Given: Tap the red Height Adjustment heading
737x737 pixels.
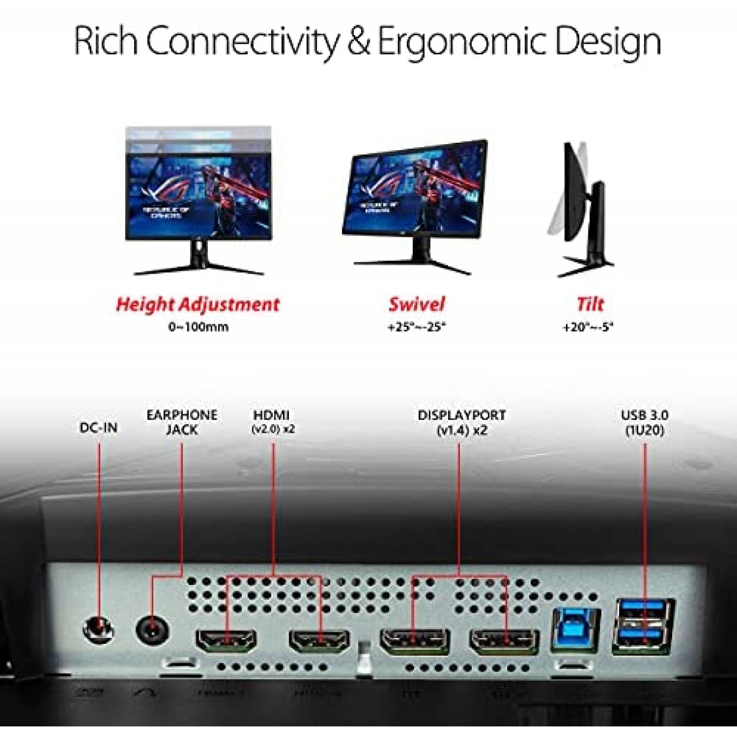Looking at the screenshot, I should click(198, 304).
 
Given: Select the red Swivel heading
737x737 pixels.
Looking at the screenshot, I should click(417, 304).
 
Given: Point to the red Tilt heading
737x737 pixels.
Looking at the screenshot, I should click(590, 304).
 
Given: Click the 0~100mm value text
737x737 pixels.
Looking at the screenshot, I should click(198, 328).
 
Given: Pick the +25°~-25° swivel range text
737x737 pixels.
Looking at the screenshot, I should click(417, 328).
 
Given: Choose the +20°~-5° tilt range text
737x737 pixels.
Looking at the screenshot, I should click(589, 328).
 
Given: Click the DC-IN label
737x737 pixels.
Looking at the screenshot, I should click(98, 427).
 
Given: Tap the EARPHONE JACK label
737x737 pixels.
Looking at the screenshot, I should click(182, 422).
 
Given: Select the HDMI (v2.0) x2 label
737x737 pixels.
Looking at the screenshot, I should click(274, 422).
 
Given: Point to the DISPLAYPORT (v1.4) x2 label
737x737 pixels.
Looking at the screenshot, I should click(462, 422).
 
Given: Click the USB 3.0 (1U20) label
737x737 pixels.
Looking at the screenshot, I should click(644, 422).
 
